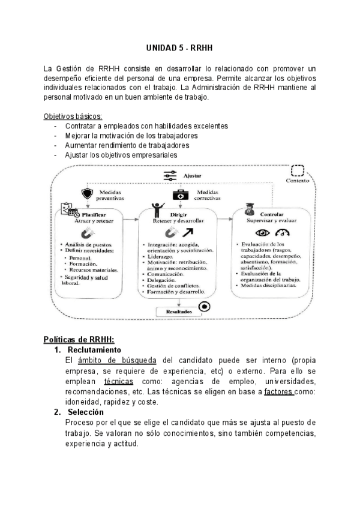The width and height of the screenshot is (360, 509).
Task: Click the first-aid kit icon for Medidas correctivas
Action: (x=179, y=194)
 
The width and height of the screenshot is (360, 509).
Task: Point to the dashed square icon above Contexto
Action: (x=298, y=171)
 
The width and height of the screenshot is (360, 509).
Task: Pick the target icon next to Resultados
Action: (x=205, y=307)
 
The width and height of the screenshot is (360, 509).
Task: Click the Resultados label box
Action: (x=175, y=312)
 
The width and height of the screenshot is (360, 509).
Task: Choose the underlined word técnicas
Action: (x=118, y=381)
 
